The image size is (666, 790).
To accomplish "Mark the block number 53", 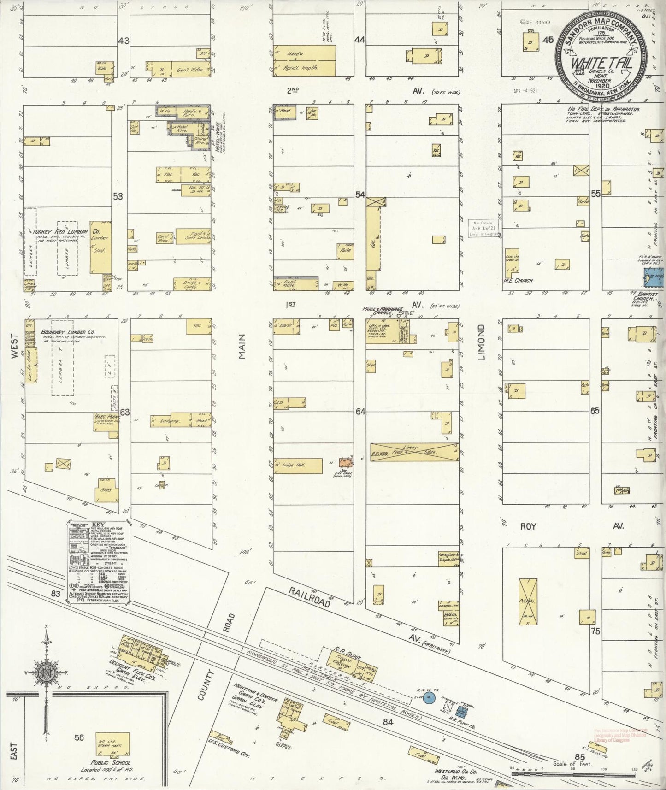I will pos(118,196).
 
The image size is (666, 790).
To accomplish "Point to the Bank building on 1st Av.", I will pos(285,326).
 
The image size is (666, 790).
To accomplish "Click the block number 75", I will pos(596,631).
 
